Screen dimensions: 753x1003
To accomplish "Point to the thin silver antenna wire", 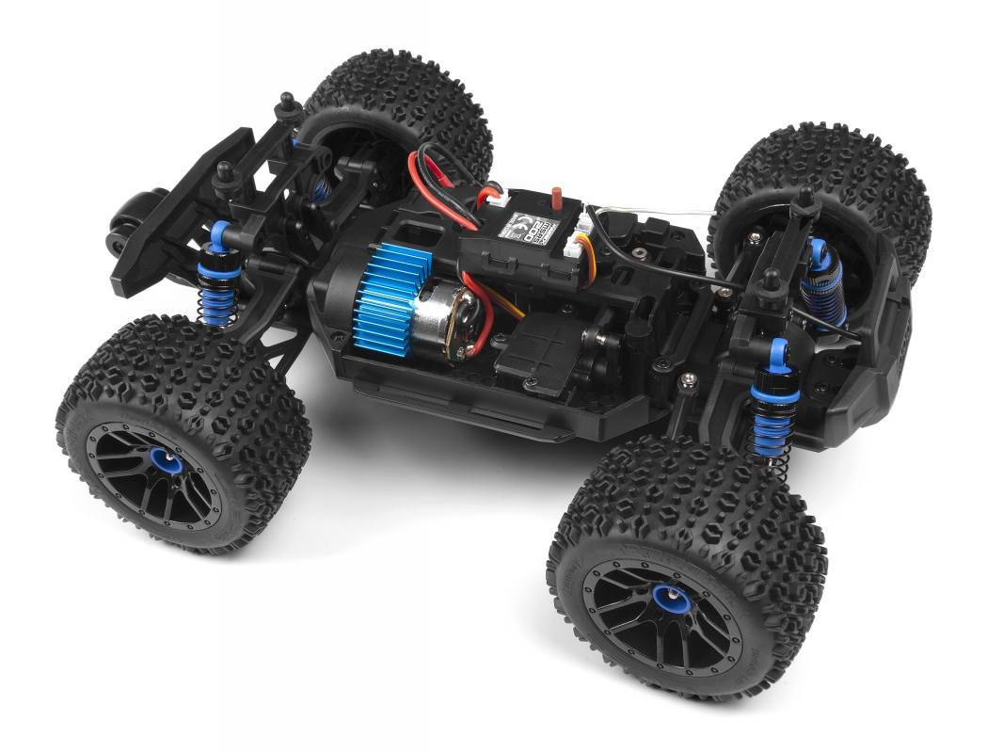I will click(659, 208).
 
